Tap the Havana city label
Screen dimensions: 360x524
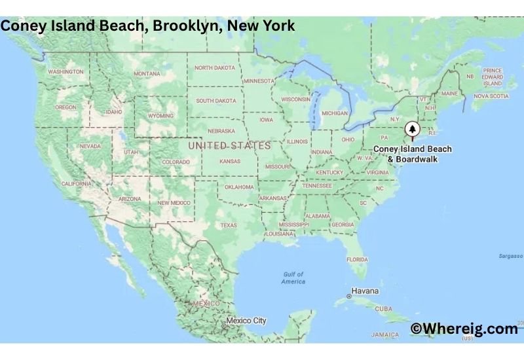coord(365,291)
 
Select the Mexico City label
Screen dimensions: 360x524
coord(246,321)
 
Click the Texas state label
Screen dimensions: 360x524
coord(229,225)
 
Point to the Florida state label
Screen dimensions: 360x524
coord(357,259)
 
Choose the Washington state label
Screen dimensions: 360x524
coord(65,71)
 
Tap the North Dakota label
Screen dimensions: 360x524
coord(215,68)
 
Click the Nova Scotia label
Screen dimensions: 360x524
coord(491,96)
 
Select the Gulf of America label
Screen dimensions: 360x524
coord(293,278)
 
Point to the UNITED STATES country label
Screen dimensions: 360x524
coord(229,145)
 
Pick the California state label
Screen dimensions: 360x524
coord(76,184)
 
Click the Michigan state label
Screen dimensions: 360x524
coord(335,113)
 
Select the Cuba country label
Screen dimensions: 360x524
coord(383,308)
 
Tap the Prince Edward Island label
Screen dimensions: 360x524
coord(492,77)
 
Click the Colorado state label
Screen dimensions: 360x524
coord(176,162)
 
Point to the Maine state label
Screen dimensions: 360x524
coord(449,94)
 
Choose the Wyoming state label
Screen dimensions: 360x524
coord(161,116)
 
